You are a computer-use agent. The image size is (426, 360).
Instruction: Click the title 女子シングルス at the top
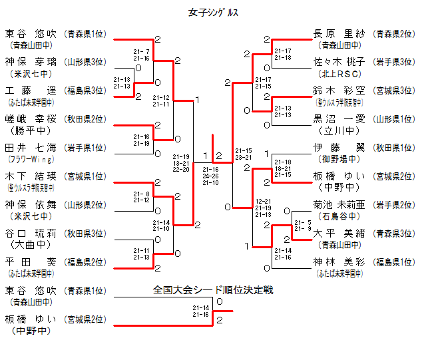tap(213, 13)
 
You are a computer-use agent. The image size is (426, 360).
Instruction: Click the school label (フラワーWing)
tap(29, 160)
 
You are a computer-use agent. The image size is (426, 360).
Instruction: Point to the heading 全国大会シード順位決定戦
tap(213, 290)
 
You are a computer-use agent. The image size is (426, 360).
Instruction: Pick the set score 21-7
tap(141, 51)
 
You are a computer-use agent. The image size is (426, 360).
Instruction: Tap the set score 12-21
tap(264, 200)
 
